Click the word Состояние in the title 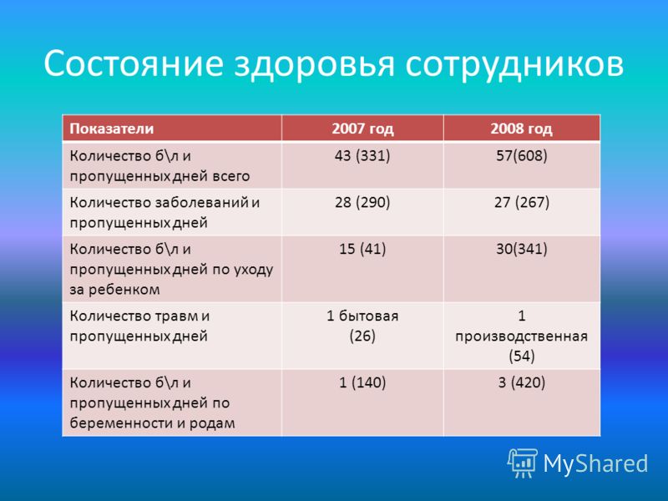coord(134,63)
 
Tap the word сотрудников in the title coord(514,64)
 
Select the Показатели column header coord(112,129)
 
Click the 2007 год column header coord(362,129)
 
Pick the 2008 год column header coord(521,129)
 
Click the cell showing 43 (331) coord(362,155)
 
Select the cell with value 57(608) coord(521,155)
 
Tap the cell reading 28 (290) coord(362,202)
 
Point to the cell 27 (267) coord(521,202)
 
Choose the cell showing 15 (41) coord(362,248)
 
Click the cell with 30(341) coord(521,248)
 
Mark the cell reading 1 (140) coord(362,382)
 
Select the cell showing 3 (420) coord(521,382)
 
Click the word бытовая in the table coord(368,316)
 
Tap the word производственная coord(521,337)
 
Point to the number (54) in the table coord(521,356)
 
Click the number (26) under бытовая coord(362,336)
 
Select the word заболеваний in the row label coord(201,202)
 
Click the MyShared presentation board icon coord(523,463)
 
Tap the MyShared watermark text coord(595,464)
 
